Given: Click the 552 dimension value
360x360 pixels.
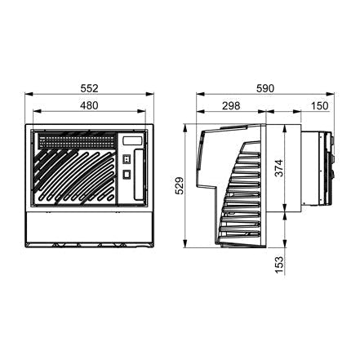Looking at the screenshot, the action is (x=89, y=88).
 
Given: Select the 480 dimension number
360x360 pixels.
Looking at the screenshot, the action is (x=89, y=105).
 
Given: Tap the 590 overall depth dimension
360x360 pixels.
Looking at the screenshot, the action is (x=265, y=88).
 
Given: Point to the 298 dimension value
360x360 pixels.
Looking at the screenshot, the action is (x=231, y=106).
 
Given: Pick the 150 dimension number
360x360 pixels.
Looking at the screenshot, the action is (x=319, y=106).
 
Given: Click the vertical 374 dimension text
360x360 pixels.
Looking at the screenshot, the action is (x=279, y=168).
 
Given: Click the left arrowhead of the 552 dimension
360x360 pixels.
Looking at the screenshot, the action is (x=29, y=94).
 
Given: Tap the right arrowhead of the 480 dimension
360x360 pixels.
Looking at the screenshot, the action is (x=141, y=111).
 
